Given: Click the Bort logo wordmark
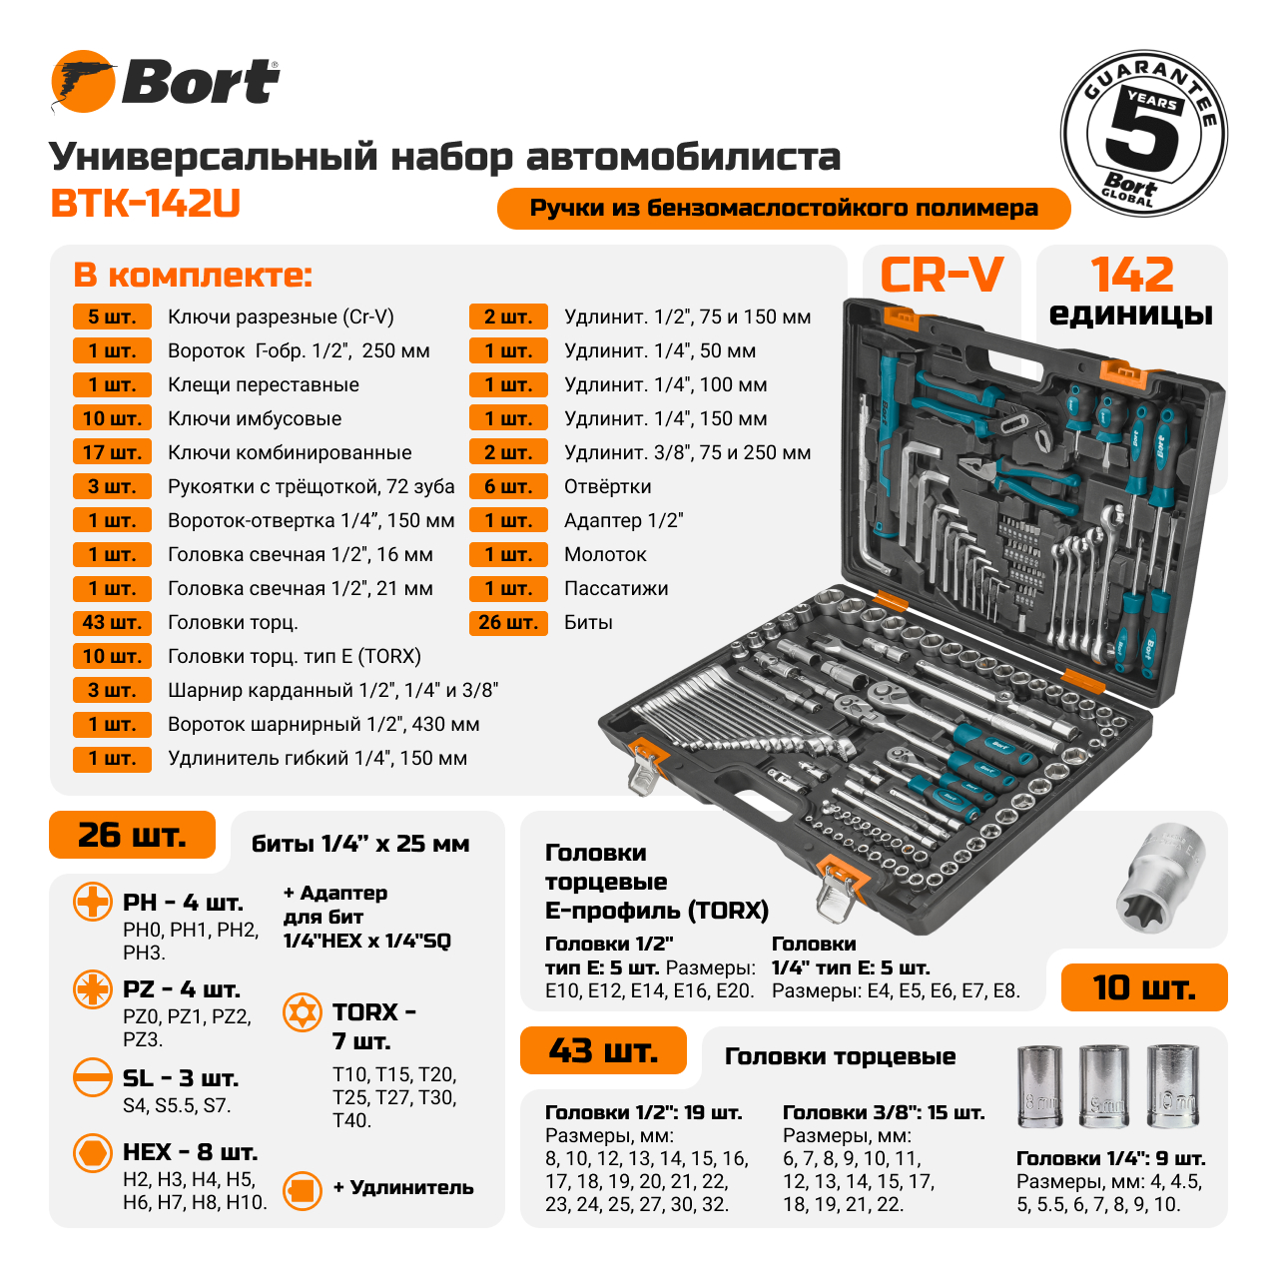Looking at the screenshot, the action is (201, 82).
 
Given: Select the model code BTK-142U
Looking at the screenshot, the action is (145, 204).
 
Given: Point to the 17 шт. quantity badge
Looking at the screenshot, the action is (112, 452).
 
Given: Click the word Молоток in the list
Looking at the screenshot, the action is (605, 554).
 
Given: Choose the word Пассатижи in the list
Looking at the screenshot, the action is (616, 588).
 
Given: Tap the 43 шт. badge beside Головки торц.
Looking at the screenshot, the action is (112, 622).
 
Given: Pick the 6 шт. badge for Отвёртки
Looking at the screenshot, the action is (508, 486).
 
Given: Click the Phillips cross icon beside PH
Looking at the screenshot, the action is (92, 902).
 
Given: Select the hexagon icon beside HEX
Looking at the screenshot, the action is (92, 1152).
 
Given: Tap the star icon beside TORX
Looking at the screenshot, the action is (302, 1012).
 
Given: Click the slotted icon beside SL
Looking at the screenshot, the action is (92, 1077).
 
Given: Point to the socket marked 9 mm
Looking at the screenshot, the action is (1104, 1086).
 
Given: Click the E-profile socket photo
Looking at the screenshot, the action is (1160, 878).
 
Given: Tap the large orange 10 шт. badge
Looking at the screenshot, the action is (1144, 987).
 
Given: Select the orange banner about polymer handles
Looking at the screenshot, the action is (783, 209).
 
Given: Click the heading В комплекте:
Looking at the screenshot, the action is (193, 276).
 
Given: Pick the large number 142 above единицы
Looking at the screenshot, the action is (1131, 275).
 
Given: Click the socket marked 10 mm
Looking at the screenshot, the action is (1172, 1086).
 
